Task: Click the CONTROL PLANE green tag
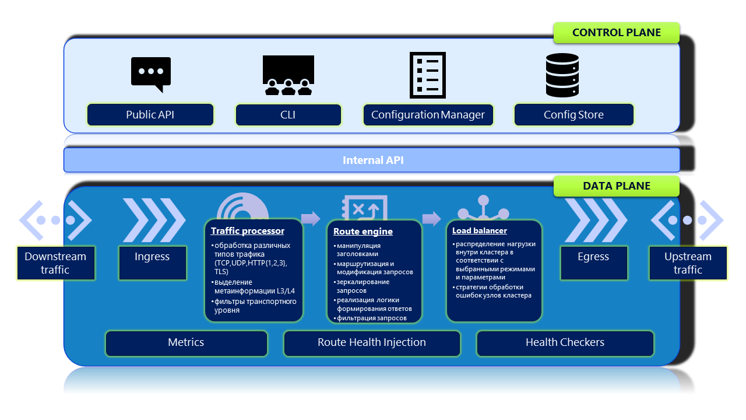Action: [617, 33]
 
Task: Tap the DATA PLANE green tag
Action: [617, 186]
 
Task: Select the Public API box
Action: [150, 115]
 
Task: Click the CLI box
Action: [288, 115]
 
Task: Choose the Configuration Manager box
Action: [428, 115]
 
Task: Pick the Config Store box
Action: [573, 115]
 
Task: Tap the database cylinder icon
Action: [562, 75]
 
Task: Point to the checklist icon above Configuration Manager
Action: [428, 75]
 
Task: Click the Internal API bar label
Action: [373, 160]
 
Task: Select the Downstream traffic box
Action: [55, 263]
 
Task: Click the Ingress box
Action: [152, 263]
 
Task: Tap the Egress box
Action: [593, 263]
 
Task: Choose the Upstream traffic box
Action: [688, 263]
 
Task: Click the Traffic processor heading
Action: [248, 231]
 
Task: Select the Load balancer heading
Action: [480, 231]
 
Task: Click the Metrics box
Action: [186, 343]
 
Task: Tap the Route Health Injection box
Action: [372, 343]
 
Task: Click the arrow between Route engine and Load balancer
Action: [431, 219]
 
